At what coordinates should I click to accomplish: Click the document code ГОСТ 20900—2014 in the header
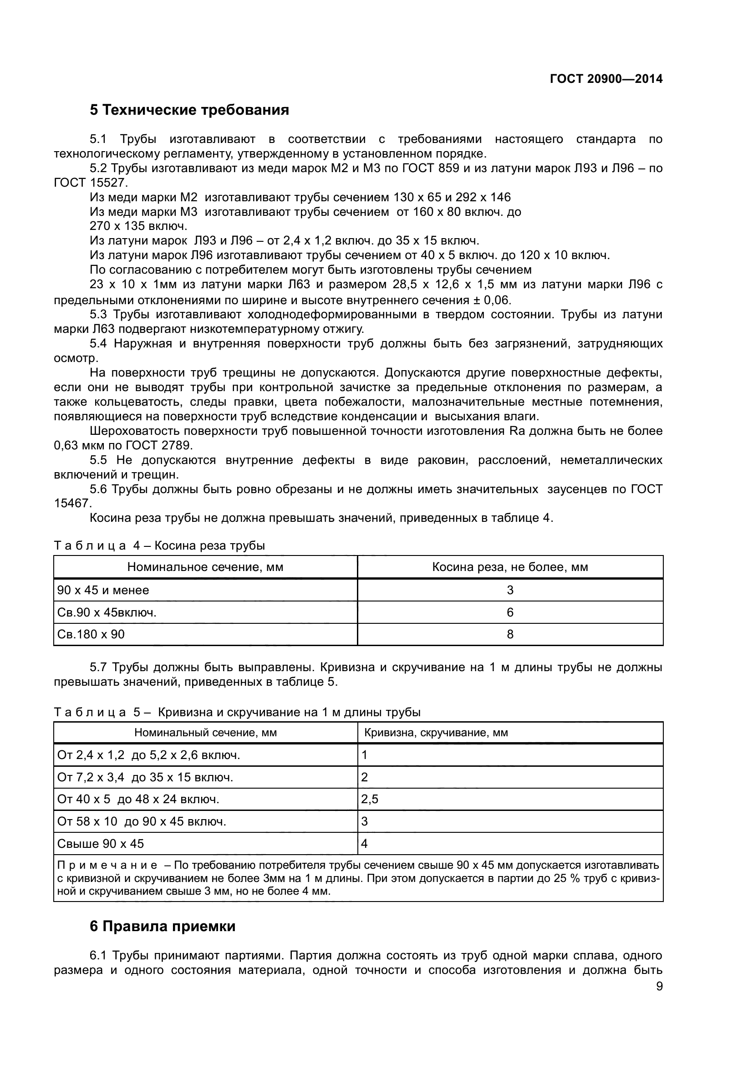[x=606, y=79]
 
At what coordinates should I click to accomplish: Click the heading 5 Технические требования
[x=189, y=110]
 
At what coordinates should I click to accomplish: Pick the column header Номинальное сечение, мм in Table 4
[x=205, y=567]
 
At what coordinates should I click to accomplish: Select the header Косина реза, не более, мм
[x=510, y=567]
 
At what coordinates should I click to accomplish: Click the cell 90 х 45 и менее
[x=103, y=590]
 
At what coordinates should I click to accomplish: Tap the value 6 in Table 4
[x=510, y=612]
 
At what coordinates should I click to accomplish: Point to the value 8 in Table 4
[x=510, y=634]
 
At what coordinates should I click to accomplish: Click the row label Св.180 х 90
[x=91, y=634]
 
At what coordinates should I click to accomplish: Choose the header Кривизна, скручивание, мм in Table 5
[x=436, y=733]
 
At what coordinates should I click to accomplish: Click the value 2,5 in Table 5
[x=370, y=799]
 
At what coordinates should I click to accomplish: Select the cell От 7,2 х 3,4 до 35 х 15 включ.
[x=145, y=777]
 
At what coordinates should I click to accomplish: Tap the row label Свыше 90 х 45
[x=101, y=843]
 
